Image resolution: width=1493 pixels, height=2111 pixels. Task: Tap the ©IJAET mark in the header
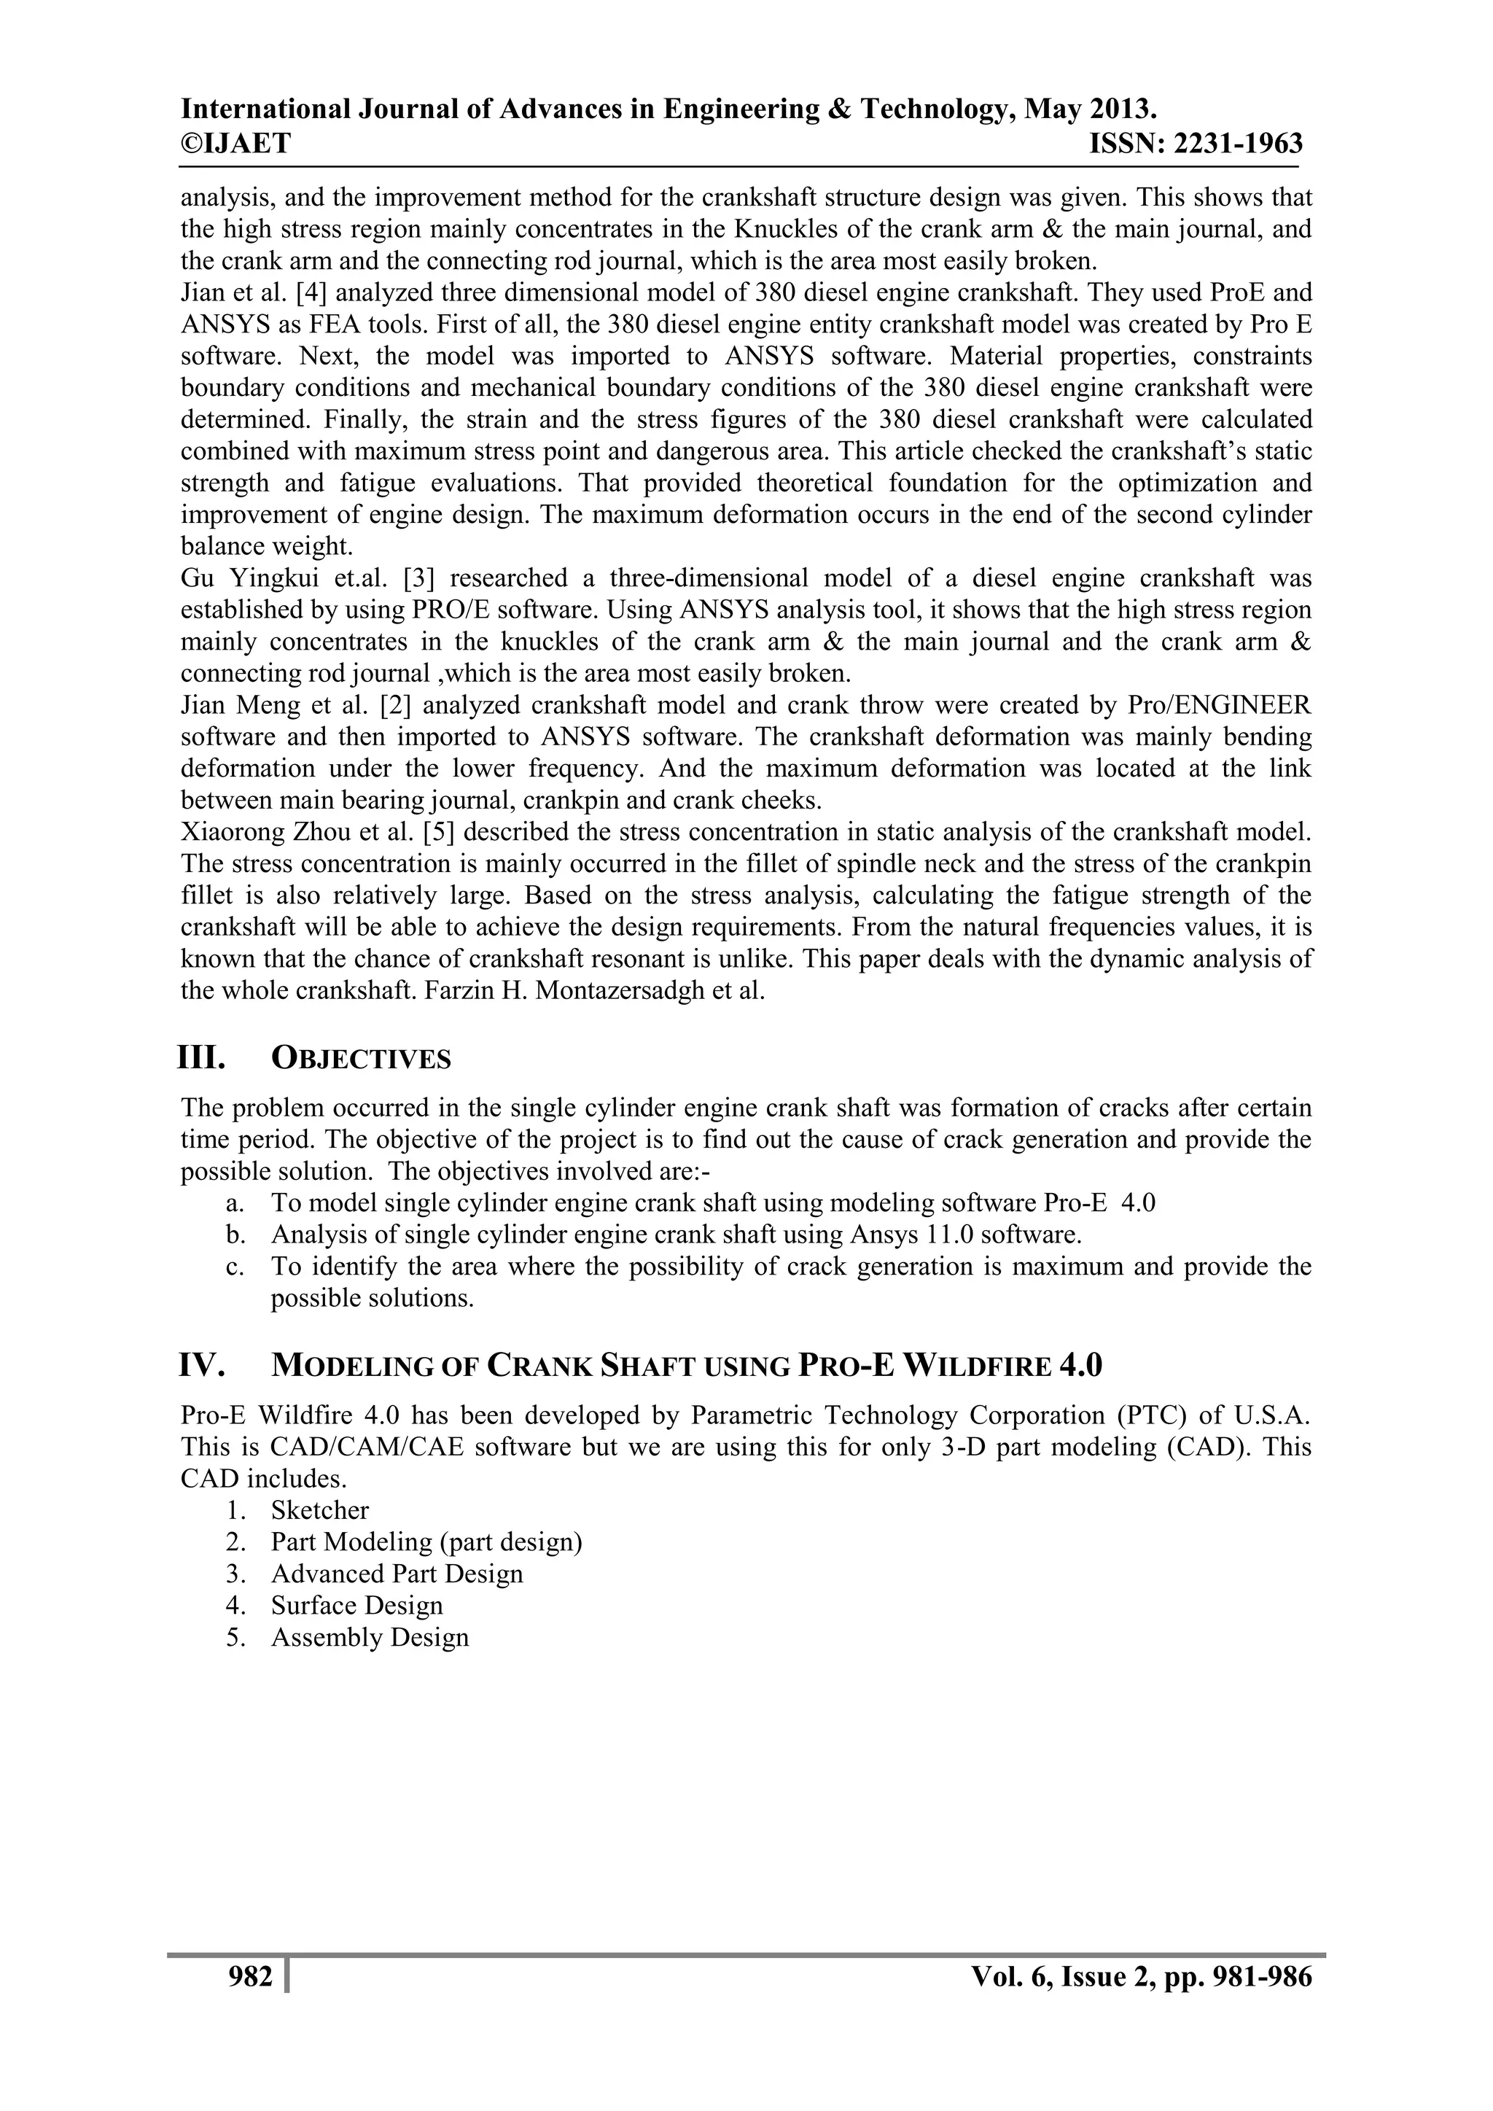coord(235,144)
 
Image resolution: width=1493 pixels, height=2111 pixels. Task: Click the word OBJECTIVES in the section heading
coord(362,1060)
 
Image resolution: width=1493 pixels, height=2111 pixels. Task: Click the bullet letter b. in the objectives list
coord(235,1234)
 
